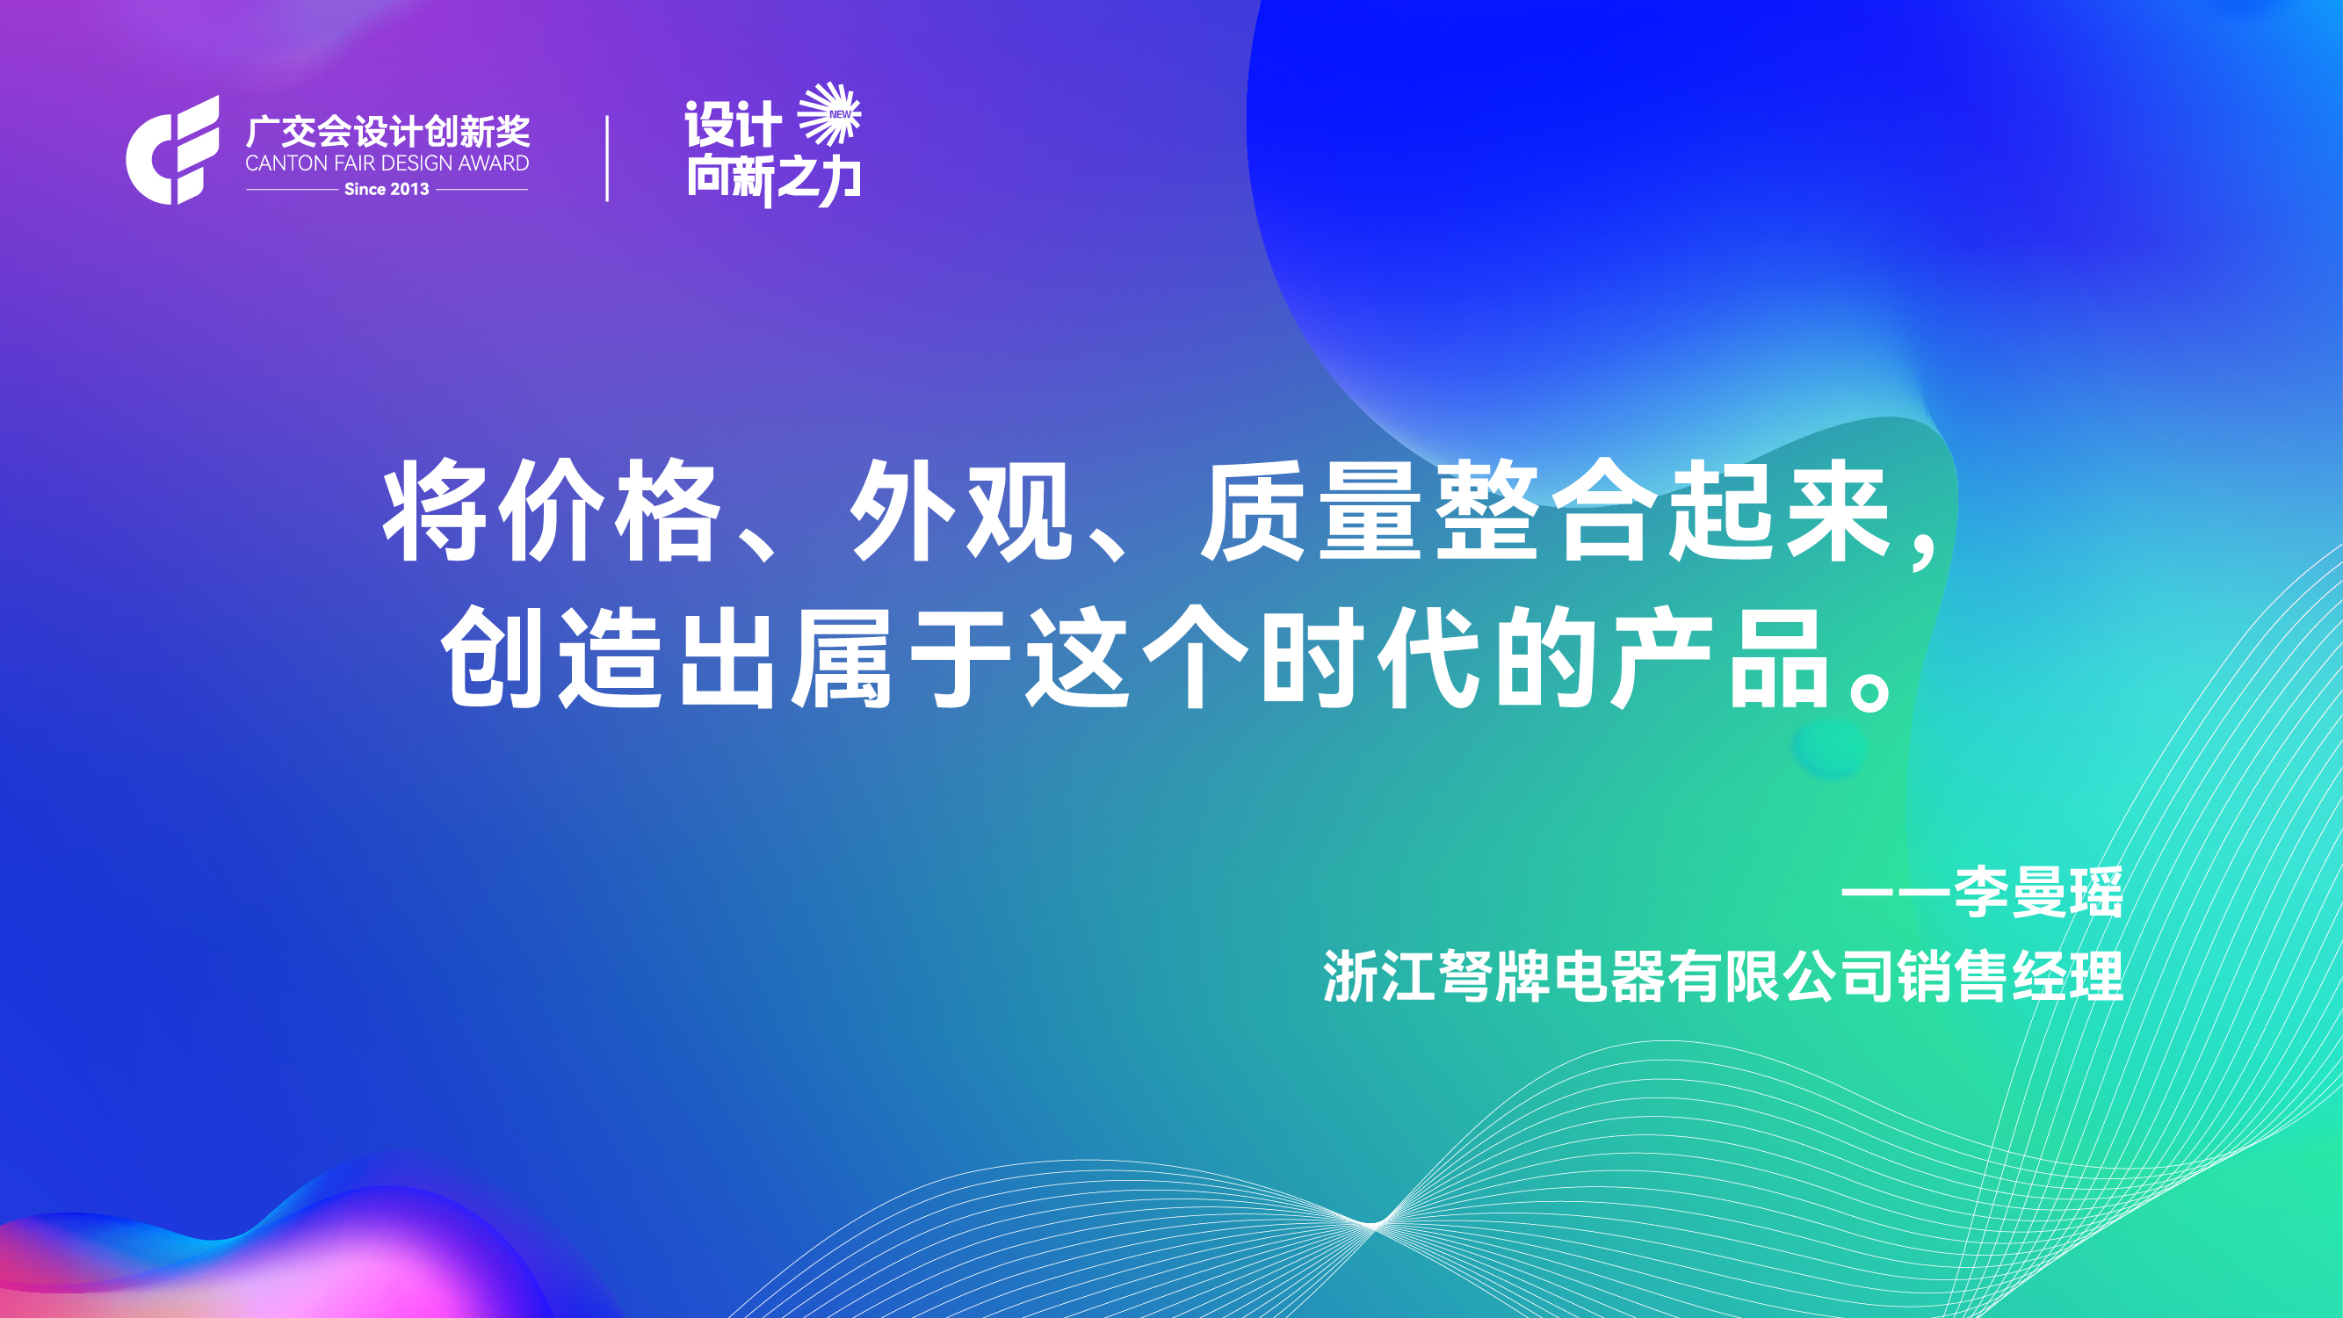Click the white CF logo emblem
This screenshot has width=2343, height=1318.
point(172,150)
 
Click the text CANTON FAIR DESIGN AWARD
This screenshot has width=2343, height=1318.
point(387,163)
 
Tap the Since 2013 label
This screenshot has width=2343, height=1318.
point(387,189)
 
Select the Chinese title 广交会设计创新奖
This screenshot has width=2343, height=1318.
point(387,132)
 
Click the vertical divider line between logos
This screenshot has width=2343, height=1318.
point(607,158)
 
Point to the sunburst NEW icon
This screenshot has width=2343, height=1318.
point(829,113)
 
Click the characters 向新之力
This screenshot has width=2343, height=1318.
point(773,179)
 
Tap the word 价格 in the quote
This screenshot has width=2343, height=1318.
point(615,511)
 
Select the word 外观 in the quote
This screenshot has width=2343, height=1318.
point(961,511)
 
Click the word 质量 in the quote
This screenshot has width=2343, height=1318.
point(1311,511)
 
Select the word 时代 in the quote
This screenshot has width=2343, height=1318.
point(1370,656)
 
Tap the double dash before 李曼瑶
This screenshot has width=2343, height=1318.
point(1897,893)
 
